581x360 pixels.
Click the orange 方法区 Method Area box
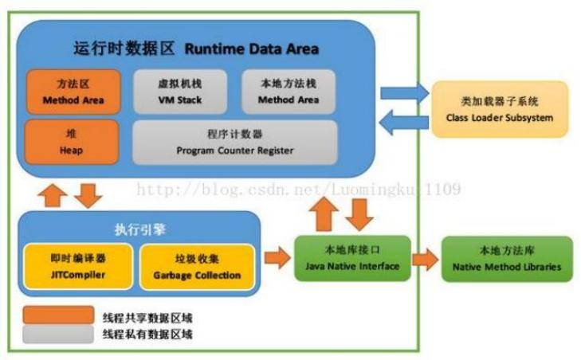click(74, 92)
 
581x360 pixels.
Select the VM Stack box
click(179, 92)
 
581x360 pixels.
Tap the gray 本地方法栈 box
click(287, 92)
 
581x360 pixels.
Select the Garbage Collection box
click(197, 266)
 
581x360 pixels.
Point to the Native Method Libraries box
click(507, 258)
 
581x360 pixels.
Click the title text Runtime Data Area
click(252, 49)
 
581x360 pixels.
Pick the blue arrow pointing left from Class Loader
click(402, 122)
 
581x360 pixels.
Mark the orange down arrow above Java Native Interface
click(361, 212)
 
